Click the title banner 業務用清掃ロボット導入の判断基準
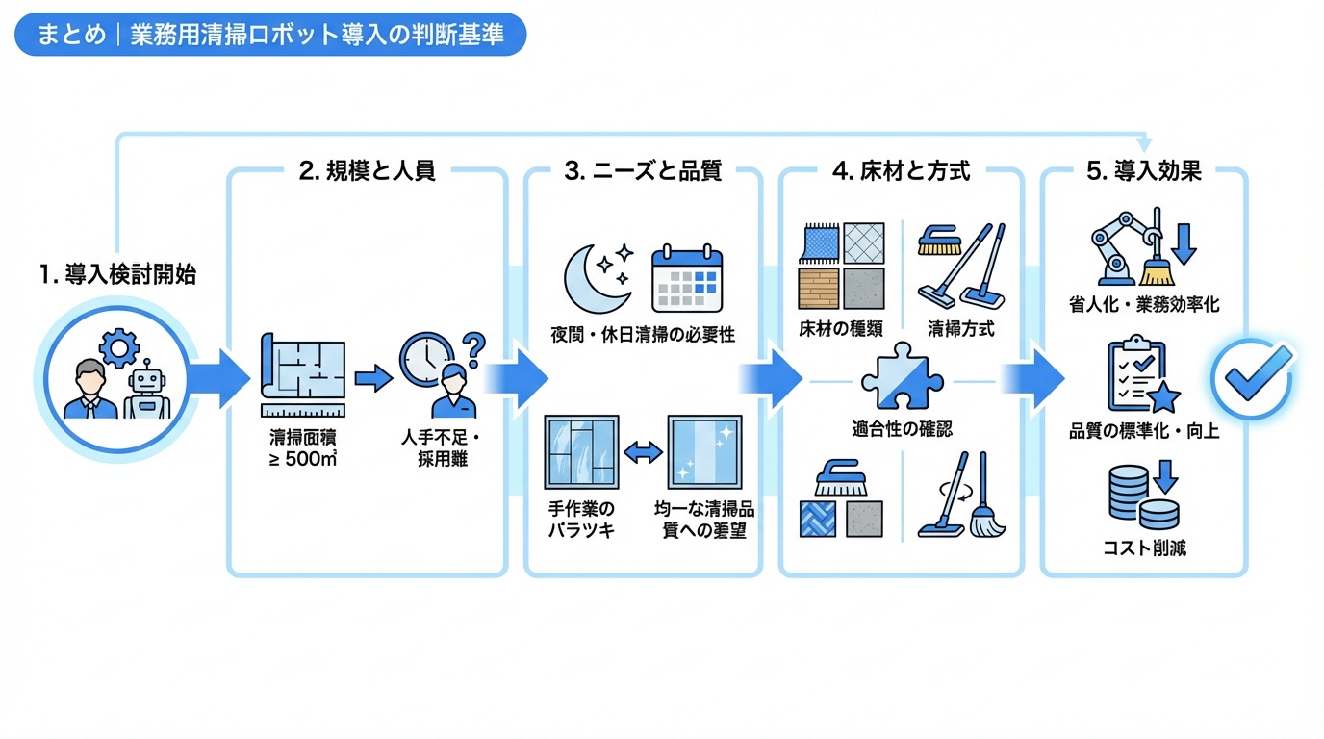(x=270, y=35)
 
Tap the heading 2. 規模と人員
(x=367, y=171)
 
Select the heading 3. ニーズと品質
(x=643, y=171)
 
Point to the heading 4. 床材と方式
(x=901, y=171)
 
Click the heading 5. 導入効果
(x=1143, y=171)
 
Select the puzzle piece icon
(x=895, y=377)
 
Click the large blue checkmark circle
(x=1251, y=378)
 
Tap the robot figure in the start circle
(x=147, y=394)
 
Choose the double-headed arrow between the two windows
(x=643, y=450)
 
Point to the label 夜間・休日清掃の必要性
(x=643, y=334)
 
